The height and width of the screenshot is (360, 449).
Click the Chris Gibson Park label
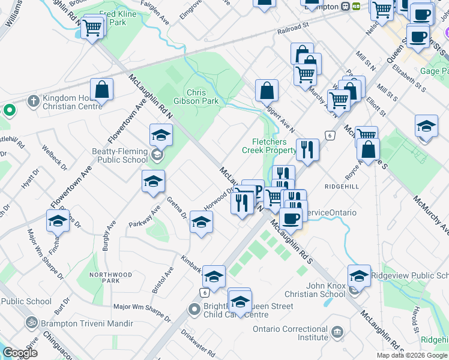[x=202, y=97]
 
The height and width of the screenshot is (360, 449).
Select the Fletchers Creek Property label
[x=270, y=146]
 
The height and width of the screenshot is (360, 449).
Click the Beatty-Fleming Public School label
[x=119, y=155]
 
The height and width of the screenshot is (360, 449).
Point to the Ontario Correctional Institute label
[x=291, y=334]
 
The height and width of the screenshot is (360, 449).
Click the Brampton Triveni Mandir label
[x=76, y=323]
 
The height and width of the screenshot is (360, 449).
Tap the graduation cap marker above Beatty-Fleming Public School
[x=161, y=136]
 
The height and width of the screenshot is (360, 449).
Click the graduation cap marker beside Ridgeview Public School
[x=359, y=276]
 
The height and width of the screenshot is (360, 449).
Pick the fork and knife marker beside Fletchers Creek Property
[x=307, y=150]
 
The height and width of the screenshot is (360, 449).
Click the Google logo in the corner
[x=20, y=353]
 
